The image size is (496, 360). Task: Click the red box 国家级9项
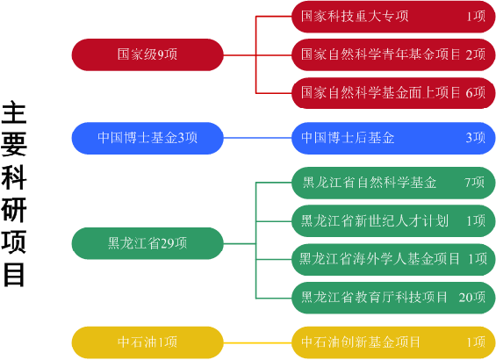[x=147, y=54]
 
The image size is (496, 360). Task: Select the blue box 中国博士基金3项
[x=147, y=138]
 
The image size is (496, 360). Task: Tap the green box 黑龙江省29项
[x=147, y=243]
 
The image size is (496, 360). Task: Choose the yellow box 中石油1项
[x=147, y=342]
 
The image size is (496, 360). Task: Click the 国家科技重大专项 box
[x=393, y=17]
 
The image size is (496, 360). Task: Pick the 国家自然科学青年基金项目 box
[x=393, y=54]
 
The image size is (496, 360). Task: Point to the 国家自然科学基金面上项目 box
[x=393, y=93]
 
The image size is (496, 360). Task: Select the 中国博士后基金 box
[x=393, y=138]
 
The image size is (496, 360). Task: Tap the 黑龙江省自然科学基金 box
[x=393, y=183]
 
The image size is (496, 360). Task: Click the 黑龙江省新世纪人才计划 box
[x=393, y=220]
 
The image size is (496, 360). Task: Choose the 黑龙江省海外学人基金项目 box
[x=393, y=259]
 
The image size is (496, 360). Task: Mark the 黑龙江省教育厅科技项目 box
[x=393, y=298]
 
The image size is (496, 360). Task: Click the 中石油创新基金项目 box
[x=393, y=342]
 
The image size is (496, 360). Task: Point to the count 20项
[x=472, y=298]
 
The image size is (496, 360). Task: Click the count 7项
[x=474, y=183]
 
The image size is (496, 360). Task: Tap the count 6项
[x=476, y=93]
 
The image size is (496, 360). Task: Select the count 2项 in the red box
[x=476, y=54]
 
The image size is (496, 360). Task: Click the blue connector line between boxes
[x=257, y=138]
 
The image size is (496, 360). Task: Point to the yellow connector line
[x=257, y=342]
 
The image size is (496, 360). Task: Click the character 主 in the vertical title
[x=13, y=112]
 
